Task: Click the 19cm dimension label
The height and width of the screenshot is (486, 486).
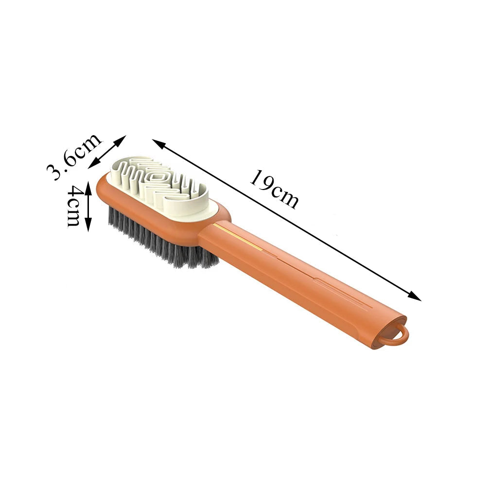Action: (275, 190)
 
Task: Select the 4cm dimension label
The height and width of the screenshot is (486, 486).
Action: (73, 206)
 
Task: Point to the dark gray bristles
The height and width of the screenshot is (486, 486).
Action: (161, 239)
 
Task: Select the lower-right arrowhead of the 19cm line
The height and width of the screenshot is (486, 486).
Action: (415, 296)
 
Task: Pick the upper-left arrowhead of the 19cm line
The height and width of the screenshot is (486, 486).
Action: (158, 143)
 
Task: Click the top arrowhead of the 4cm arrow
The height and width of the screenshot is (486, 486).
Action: (88, 187)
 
